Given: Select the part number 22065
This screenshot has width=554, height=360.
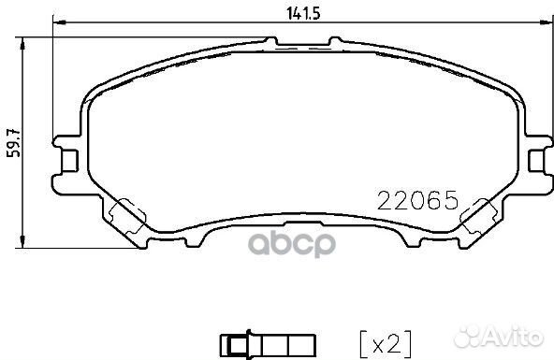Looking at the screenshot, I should coord(415,199).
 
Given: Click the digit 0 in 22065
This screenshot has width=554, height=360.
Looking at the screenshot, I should coord(415,199).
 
